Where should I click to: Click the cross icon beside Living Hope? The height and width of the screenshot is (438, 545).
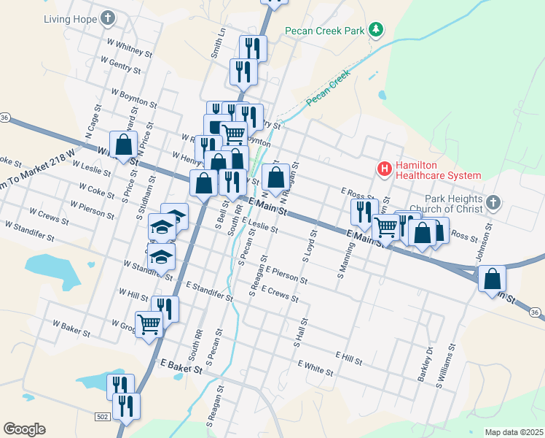tap(108, 18)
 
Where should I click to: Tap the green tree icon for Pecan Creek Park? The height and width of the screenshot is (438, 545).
tap(376, 30)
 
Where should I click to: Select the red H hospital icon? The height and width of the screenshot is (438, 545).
tap(384, 169)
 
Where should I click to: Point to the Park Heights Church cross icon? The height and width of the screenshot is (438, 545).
tap(494, 201)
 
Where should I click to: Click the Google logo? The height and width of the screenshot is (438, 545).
tap(24, 429)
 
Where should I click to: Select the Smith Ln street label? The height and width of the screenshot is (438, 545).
tap(217, 44)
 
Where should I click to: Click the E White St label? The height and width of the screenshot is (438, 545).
tap(315, 367)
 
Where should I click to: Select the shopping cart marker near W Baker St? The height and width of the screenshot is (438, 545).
tap(149, 323)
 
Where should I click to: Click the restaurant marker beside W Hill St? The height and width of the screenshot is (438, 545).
tap(165, 307)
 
